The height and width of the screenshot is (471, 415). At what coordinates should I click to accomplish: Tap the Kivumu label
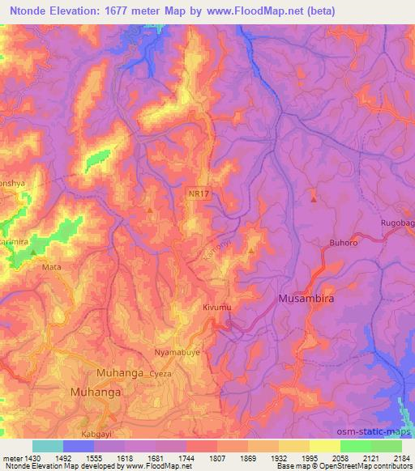click(217, 308)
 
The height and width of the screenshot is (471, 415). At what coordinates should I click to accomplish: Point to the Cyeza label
click(160, 375)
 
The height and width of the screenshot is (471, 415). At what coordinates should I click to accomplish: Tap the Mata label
click(52, 265)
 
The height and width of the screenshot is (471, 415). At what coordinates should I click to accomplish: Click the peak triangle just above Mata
click(33, 252)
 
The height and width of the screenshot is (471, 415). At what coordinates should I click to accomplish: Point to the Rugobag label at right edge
click(397, 223)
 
